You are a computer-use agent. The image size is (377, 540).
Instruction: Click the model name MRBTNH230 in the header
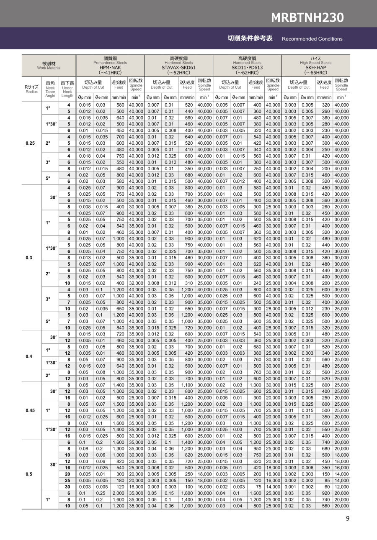pos(307,17)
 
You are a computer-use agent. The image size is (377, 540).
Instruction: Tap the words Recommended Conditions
pos(312,39)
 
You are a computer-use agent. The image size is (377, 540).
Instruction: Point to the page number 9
pos(347,519)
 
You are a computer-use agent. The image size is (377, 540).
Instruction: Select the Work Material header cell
pos(49,65)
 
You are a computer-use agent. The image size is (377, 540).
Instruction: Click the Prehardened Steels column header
pos(110,63)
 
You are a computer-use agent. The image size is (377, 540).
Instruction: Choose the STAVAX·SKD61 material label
pos(178,67)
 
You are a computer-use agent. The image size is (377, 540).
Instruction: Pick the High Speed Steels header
pos(315,63)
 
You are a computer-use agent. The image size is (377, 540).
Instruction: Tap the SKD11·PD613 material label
pos(247,67)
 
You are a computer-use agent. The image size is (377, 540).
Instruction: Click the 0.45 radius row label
pos(30,410)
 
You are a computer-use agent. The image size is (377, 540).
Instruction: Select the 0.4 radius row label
pos(29,356)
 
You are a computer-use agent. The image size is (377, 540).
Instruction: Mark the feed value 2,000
pos(119,493)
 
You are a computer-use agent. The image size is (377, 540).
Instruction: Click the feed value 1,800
pos(187,493)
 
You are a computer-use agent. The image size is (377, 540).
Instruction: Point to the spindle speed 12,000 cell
pos(341,487)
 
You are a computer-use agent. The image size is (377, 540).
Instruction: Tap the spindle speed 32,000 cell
pos(136,283)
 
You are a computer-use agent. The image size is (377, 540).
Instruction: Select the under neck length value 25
pos(67,481)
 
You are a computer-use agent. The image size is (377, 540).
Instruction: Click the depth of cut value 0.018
pos(85,156)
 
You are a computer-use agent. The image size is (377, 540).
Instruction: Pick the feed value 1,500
pos(119,404)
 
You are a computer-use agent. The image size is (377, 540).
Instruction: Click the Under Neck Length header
pos(67,89)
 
